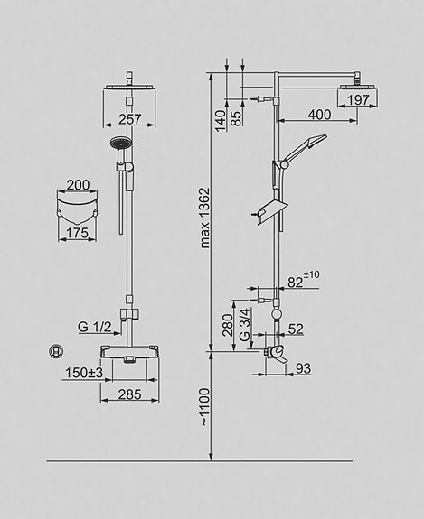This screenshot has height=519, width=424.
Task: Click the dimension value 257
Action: (132, 118)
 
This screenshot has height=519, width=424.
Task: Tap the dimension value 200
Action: (79, 185)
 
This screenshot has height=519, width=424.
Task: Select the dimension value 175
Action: (79, 233)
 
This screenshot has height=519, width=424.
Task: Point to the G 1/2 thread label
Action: (93, 328)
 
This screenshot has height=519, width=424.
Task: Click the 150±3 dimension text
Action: (82, 371)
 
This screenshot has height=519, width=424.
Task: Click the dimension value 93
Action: (302, 368)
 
